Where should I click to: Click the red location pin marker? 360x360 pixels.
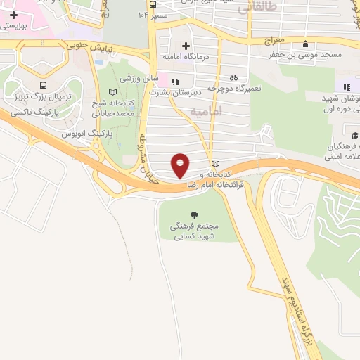[181, 165]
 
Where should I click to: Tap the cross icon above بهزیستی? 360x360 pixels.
[13, 14]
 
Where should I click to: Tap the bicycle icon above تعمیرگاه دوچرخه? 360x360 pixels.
[233, 79]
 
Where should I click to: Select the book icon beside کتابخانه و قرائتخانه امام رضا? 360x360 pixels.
[215, 163]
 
